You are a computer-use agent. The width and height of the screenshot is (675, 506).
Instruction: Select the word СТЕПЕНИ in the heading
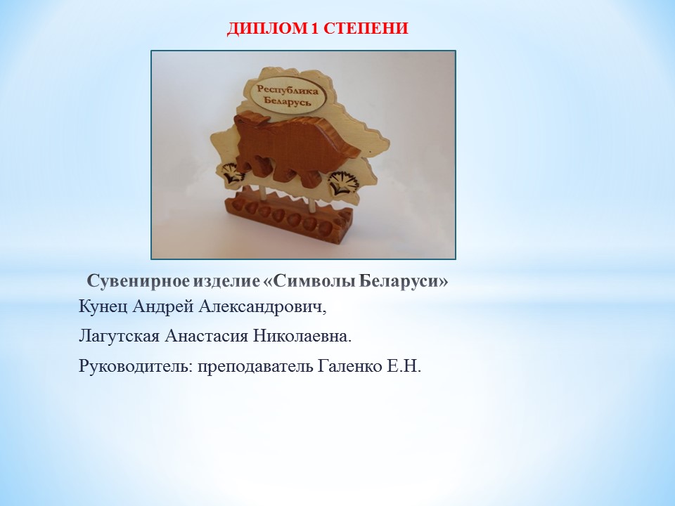click(365, 28)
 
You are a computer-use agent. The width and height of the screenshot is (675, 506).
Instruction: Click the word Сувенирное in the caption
click(138, 282)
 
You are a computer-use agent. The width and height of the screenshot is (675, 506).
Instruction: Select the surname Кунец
click(103, 307)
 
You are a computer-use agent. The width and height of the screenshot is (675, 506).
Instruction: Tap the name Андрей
click(163, 307)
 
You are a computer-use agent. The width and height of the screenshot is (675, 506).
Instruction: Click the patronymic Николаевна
click(302, 337)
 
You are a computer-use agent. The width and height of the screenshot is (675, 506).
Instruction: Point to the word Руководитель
click(136, 367)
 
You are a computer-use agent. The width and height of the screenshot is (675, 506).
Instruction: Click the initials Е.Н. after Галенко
click(404, 367)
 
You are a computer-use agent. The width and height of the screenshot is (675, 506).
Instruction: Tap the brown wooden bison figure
click(297, 144)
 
